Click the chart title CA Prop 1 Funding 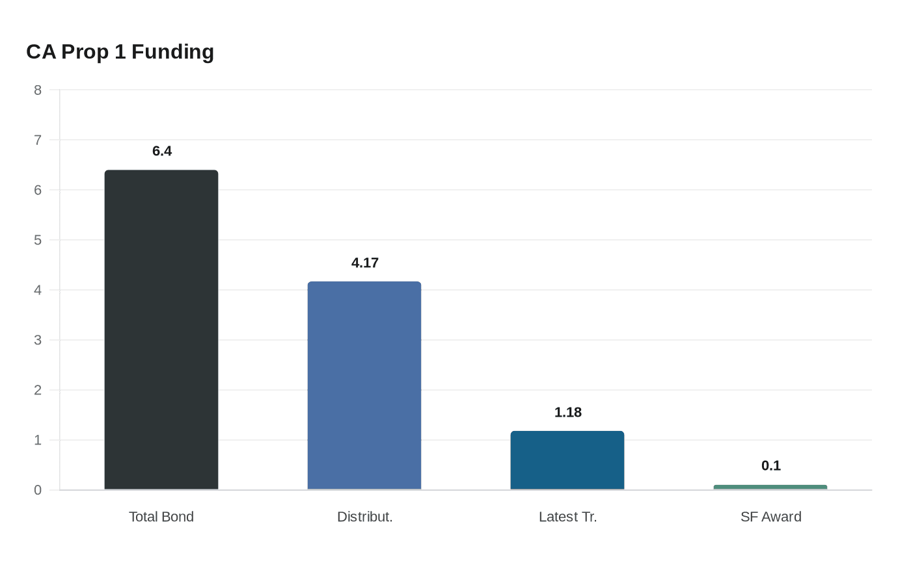(120, 52)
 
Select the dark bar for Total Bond (161, 330)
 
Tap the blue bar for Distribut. (364, 385)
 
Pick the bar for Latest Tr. (567, 460)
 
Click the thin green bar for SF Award (770, 487)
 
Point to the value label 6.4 (162, 151)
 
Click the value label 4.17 (365, 263)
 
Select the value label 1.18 (568, 413)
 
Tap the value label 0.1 (771, 466)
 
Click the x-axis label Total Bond (161, 517)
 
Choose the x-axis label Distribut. (365, 517)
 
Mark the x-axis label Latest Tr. (568, 517)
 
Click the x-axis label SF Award (771, 517)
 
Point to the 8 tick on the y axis (38, 90)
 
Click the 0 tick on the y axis (38, 490)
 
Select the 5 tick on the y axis (38, 240)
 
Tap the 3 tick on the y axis (38, 340)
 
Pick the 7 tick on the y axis (38, 140)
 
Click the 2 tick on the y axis (38, 390)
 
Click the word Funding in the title (172, 52)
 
